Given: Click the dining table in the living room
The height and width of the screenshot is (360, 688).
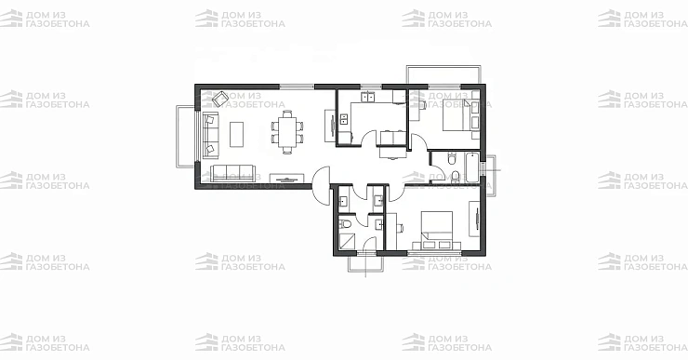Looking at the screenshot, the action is pyautogui.click(x=287, y=132).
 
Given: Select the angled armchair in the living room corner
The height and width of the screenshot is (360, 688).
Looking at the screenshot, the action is pyautogui.click(x=220, y=99).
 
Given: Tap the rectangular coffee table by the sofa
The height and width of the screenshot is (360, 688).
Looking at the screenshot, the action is pyautogui.click(x=236, y=134).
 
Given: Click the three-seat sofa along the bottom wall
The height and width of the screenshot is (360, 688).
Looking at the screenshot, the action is pyautogui.click(x=232, y=172).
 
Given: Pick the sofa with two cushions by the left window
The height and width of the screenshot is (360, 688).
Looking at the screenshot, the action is pyautogui.click(x=210, y=133).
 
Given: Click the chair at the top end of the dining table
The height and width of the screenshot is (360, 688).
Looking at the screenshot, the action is pyautogui.click(x=287, y=114).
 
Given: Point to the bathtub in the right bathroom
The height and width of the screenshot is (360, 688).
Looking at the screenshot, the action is pyautogui.click(x=472, y=167).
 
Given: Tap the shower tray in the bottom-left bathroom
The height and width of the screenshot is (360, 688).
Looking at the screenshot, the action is pyautogui.click(x=348, y=242).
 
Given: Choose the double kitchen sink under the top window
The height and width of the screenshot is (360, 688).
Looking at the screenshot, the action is pyautogui.click(x=367, y=96).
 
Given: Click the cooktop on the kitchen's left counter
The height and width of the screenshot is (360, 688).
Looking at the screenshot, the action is pyautogui.click(x=344, y=118).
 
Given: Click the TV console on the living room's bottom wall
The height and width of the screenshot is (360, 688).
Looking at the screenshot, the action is pyautogui.click(x=286, y=178).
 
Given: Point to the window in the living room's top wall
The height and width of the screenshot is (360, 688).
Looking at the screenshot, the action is pyautogui.click(x=298, y=87).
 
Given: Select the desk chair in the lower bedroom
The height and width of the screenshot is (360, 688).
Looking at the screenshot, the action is pyautogui.click(x=400, y=227).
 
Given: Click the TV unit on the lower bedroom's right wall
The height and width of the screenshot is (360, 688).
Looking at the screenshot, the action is pyautogui.click(x=475, y=219).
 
